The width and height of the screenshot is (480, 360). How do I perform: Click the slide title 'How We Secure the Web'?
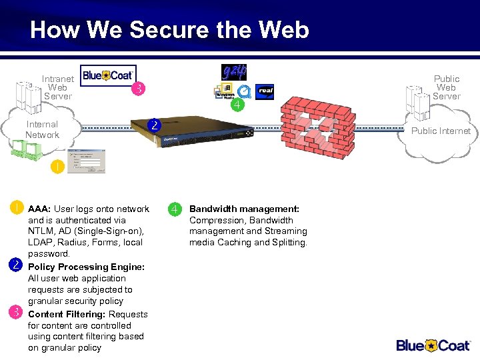tap(169, 30)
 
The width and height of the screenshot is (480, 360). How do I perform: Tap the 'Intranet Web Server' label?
tap(57, 87)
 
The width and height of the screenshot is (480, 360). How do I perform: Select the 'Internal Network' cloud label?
tap(42, 129)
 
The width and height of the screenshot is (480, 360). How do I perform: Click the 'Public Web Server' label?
tap(446, 87)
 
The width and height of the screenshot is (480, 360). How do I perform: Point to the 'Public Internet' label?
tap(441, 131)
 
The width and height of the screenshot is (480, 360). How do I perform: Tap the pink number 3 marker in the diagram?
tap(138, 88)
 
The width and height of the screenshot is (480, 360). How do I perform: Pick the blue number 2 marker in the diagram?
tap(154, 125)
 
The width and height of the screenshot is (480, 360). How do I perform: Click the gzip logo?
tap(234, 72)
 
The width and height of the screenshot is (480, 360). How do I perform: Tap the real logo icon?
tap(265, 91)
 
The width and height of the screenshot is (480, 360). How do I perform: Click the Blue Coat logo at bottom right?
tap(434, 345)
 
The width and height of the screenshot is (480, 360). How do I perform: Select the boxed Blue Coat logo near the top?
tap(108, 75)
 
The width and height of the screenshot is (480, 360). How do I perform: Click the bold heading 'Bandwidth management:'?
tap(244, 209)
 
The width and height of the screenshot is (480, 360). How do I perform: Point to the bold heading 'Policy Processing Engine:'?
tap(86, 267)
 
